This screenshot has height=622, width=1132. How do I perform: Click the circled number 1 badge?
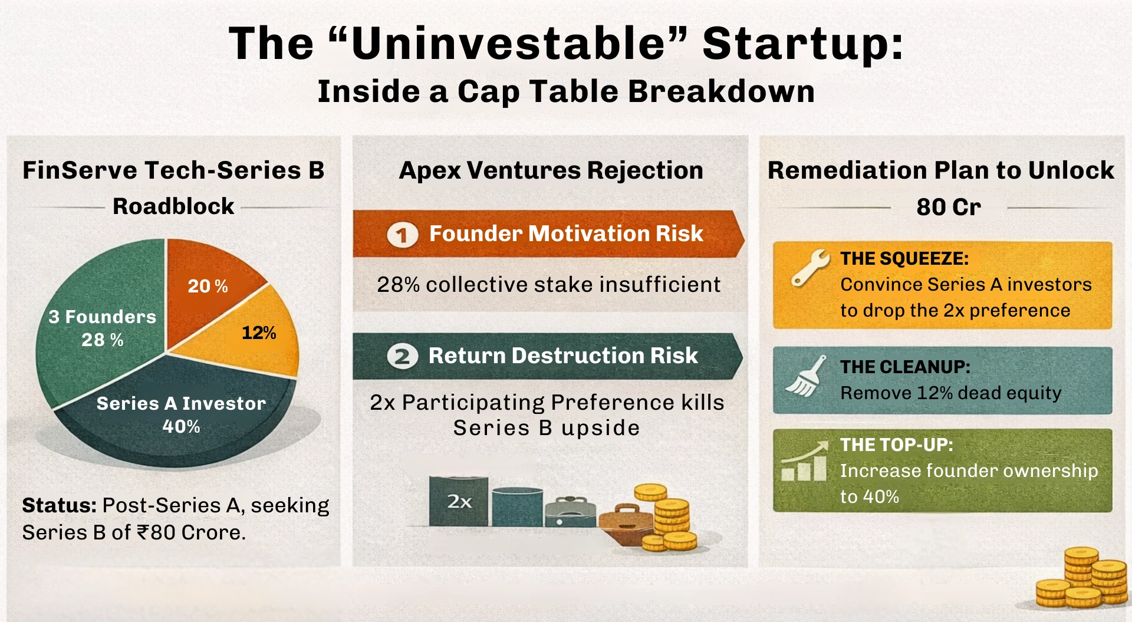point(402,235)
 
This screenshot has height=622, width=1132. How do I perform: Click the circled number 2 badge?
point(402,357)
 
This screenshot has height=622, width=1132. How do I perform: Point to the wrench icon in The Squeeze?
point(809,267)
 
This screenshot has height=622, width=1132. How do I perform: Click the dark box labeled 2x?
point(459,501)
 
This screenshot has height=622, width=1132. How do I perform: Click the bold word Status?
point(59,506)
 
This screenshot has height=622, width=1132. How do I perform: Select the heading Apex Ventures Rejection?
point(551,170)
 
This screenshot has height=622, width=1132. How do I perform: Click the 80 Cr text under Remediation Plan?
point(948,207)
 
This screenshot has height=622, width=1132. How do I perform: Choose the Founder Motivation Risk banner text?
point(565,234)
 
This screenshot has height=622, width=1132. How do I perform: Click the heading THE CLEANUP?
point(905,367)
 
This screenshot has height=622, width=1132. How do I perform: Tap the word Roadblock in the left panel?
point(173,206)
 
